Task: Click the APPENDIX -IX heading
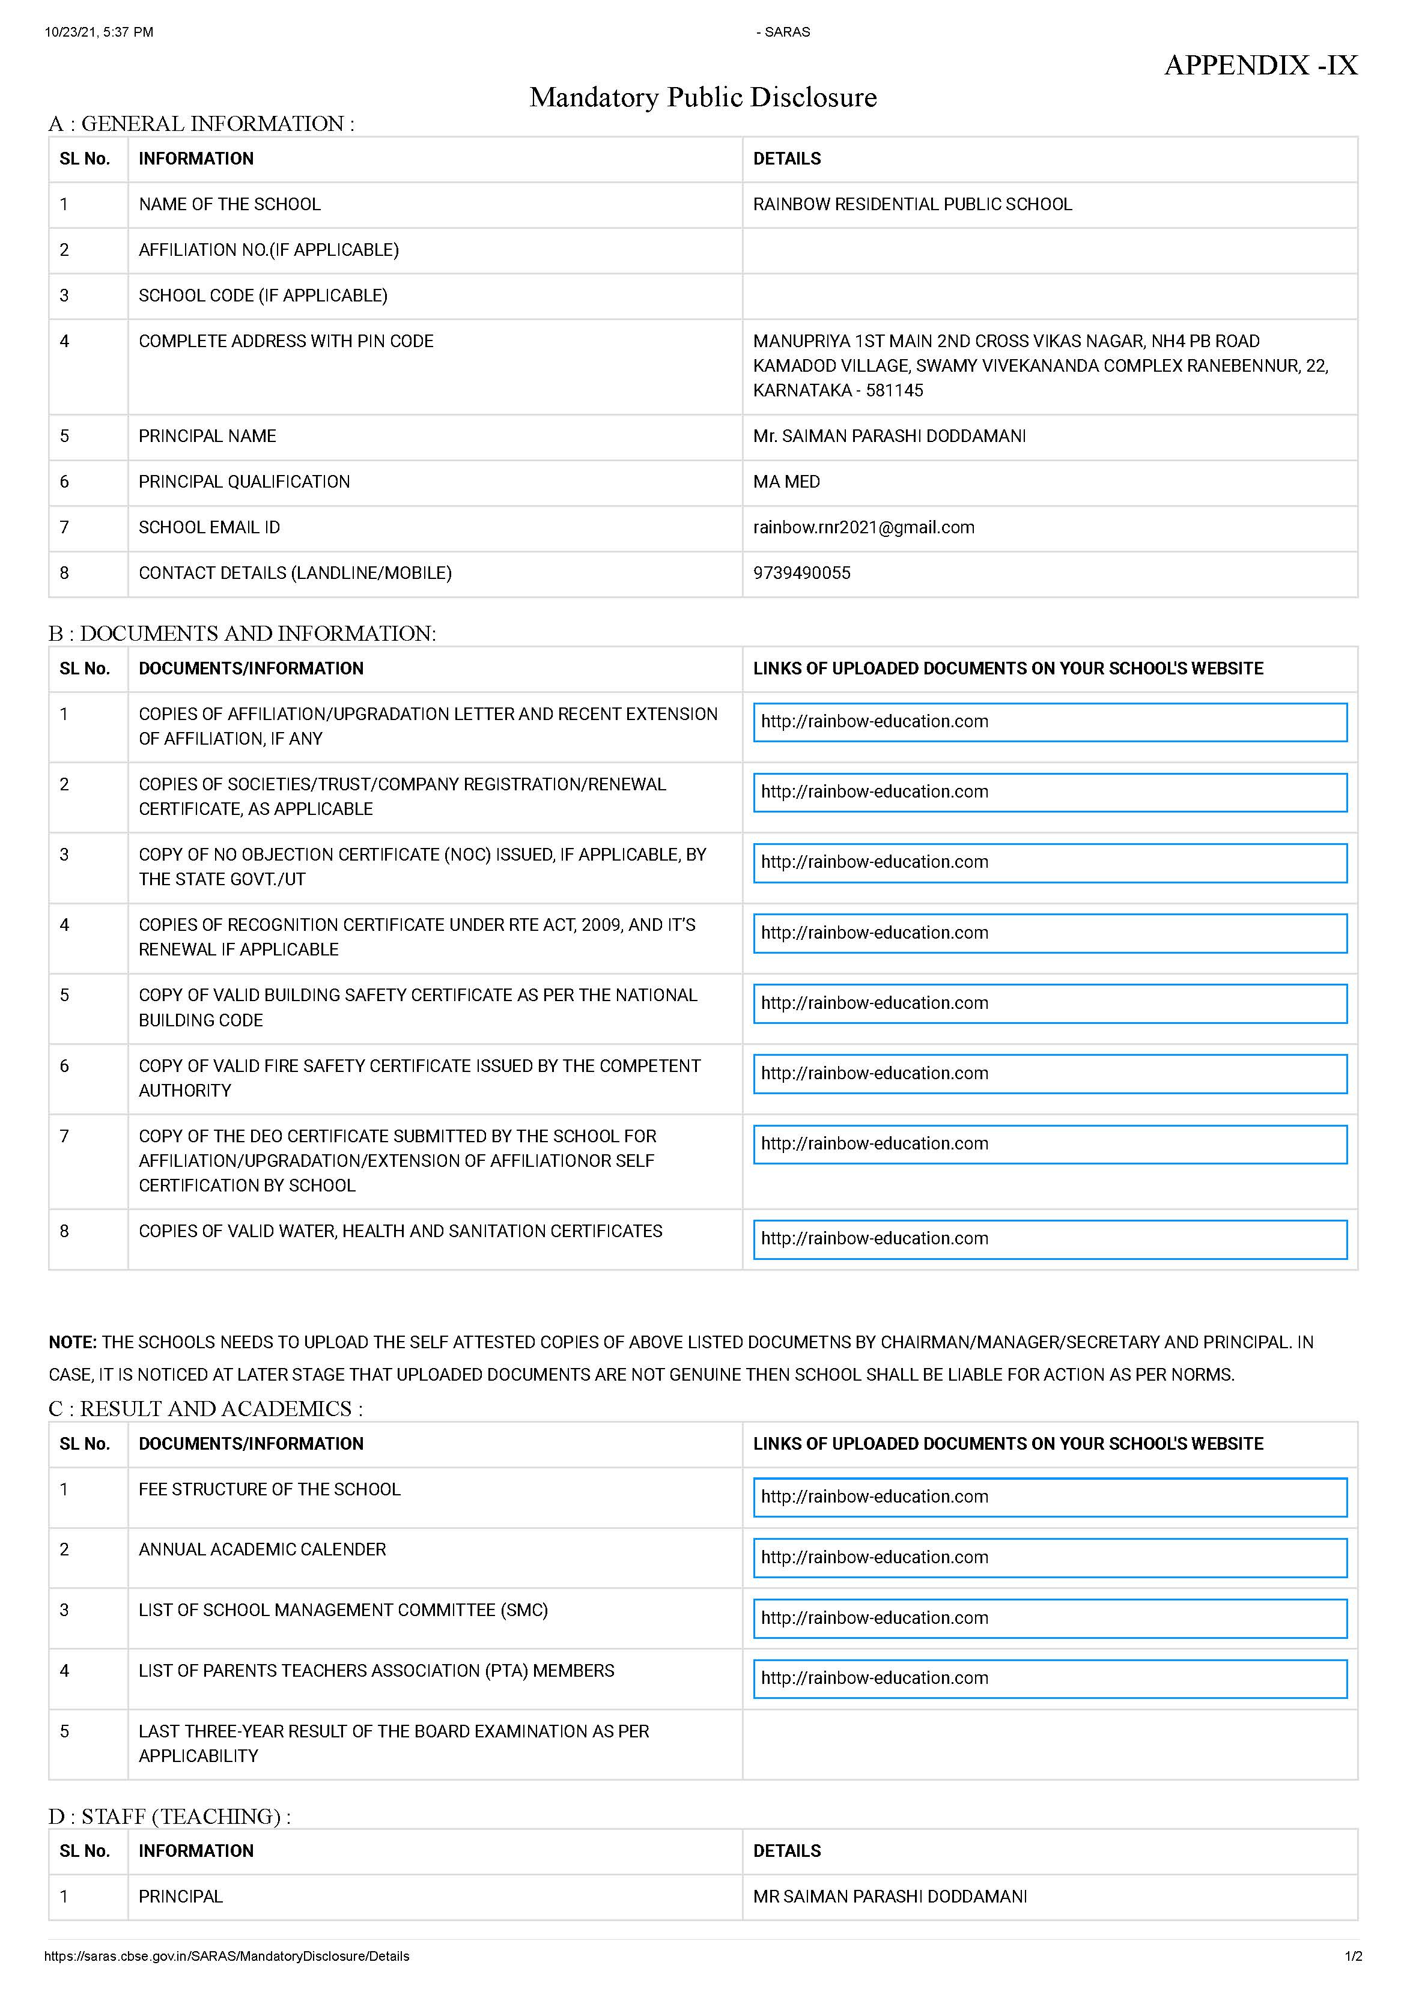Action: pos(1260,65)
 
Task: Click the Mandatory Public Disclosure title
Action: pos(703,97)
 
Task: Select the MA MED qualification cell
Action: pos(786,482)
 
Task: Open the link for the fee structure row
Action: pos(1049,1497)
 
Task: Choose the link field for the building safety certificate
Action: pos(1049,1003)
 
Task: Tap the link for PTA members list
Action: pos(1049,1678)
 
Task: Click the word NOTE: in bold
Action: pos(73,1342)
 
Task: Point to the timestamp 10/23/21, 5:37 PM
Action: pos(99,32)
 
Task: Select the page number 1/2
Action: pos(1352,1955)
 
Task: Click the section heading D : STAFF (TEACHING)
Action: pos(169,1815)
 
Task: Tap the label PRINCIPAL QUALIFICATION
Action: pos(245,482)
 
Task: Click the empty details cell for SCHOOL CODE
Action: pos(1049,296)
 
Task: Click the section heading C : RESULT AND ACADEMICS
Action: pos(205,1409)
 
